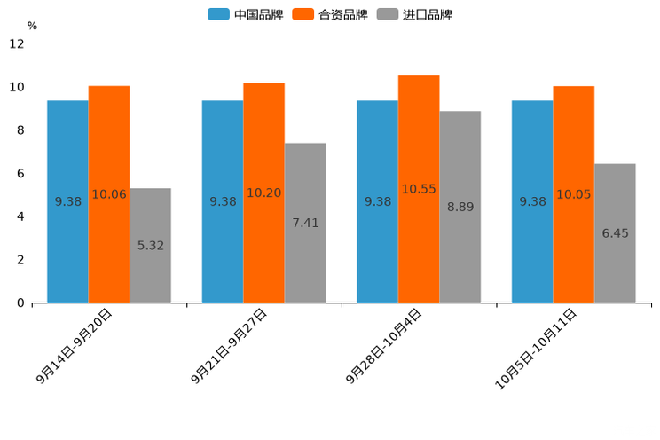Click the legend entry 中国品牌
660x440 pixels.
pyautogui.click(x=246, y=14)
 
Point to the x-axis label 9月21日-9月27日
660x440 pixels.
pyautogui.click(x=230, y=346)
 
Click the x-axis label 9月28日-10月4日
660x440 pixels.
pyautogui.click(x=384, y=346)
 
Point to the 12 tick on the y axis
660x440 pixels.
pyautogui.click(x=17, y=43)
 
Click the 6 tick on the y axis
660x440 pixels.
pyautogui.click(x=20, y=174)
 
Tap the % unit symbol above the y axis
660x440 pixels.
pyautogui.click(x=32, y=26)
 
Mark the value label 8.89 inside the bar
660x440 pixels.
pyautogui.click(x=460, y=207)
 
